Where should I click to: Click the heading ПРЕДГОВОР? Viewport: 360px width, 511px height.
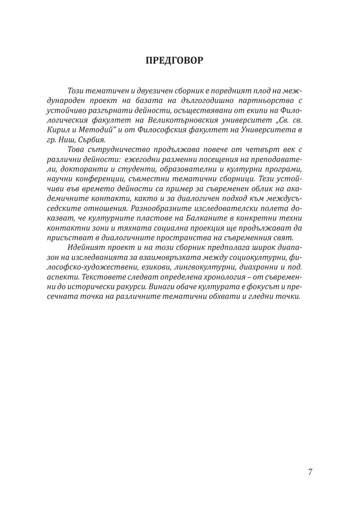coord(174,61)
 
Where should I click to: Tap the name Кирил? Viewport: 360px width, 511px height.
coord(58,130)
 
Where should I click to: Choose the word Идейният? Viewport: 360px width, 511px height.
coord(83,248)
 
